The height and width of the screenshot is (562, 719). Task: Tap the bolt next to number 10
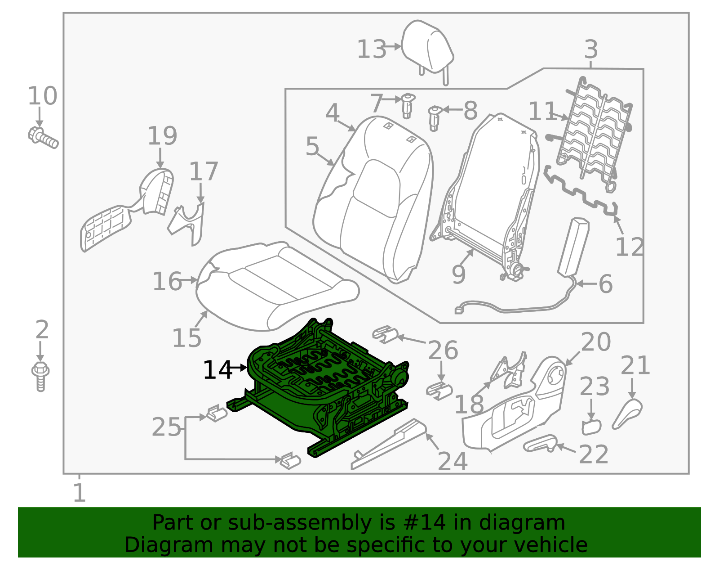43,137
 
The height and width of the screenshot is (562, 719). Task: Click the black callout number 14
217,370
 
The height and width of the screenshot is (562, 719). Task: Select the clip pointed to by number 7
407,105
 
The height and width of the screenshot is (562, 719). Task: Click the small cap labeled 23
591,427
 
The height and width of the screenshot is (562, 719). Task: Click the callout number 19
162,136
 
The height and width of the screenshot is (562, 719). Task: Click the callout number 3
591,49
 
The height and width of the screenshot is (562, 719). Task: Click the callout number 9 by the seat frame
458,274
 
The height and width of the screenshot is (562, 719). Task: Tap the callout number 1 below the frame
79,493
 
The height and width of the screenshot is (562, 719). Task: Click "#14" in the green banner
425,523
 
